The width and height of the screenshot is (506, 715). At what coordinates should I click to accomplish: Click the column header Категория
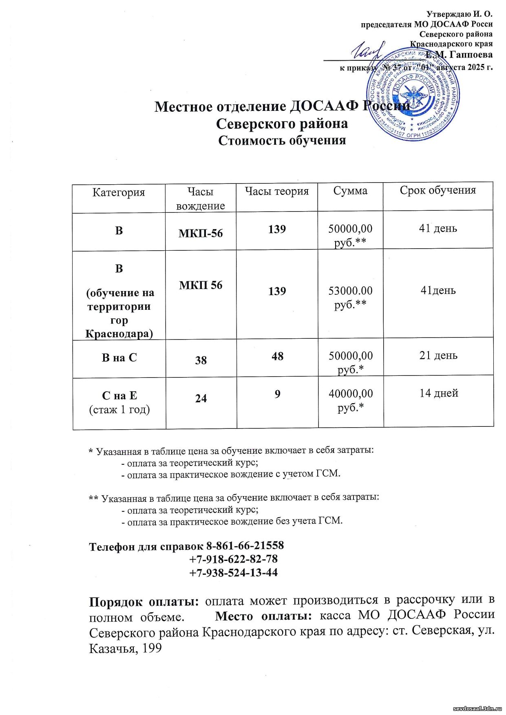click(x=119, y=192)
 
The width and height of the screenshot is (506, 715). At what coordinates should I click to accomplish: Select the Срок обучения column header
click(x=438, y=190)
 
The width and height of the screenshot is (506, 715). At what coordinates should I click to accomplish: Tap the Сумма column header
click(x=350, y=190)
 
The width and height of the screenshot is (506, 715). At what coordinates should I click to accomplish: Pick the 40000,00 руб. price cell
click(x=351, y=400)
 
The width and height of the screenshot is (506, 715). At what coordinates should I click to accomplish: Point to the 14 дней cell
click(x=439, y=393)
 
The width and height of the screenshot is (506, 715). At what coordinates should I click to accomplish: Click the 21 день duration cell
click(x=438, y=355)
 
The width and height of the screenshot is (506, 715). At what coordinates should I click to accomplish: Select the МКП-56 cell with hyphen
click(x=201, y=233)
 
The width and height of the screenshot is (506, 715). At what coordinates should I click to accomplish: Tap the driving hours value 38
click(x=201, y=360)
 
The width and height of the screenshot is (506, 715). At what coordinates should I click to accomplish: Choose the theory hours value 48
click(x=277, y=356)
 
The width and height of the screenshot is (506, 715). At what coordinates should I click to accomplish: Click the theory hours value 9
click(x=277, y=394)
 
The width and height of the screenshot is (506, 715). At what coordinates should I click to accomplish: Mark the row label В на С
click(x=119, y=358)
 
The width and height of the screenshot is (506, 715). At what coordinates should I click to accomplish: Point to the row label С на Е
click(x=119, y=396)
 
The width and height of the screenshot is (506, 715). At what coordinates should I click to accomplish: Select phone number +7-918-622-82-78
click(x=234, y=558)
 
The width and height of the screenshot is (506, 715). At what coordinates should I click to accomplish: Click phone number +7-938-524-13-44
click(x=234, y=572)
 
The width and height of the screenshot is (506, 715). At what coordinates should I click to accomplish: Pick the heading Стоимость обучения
click(x=282, y=140)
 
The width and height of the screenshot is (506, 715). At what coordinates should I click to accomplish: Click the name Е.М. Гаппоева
click(x=459, y=55)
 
